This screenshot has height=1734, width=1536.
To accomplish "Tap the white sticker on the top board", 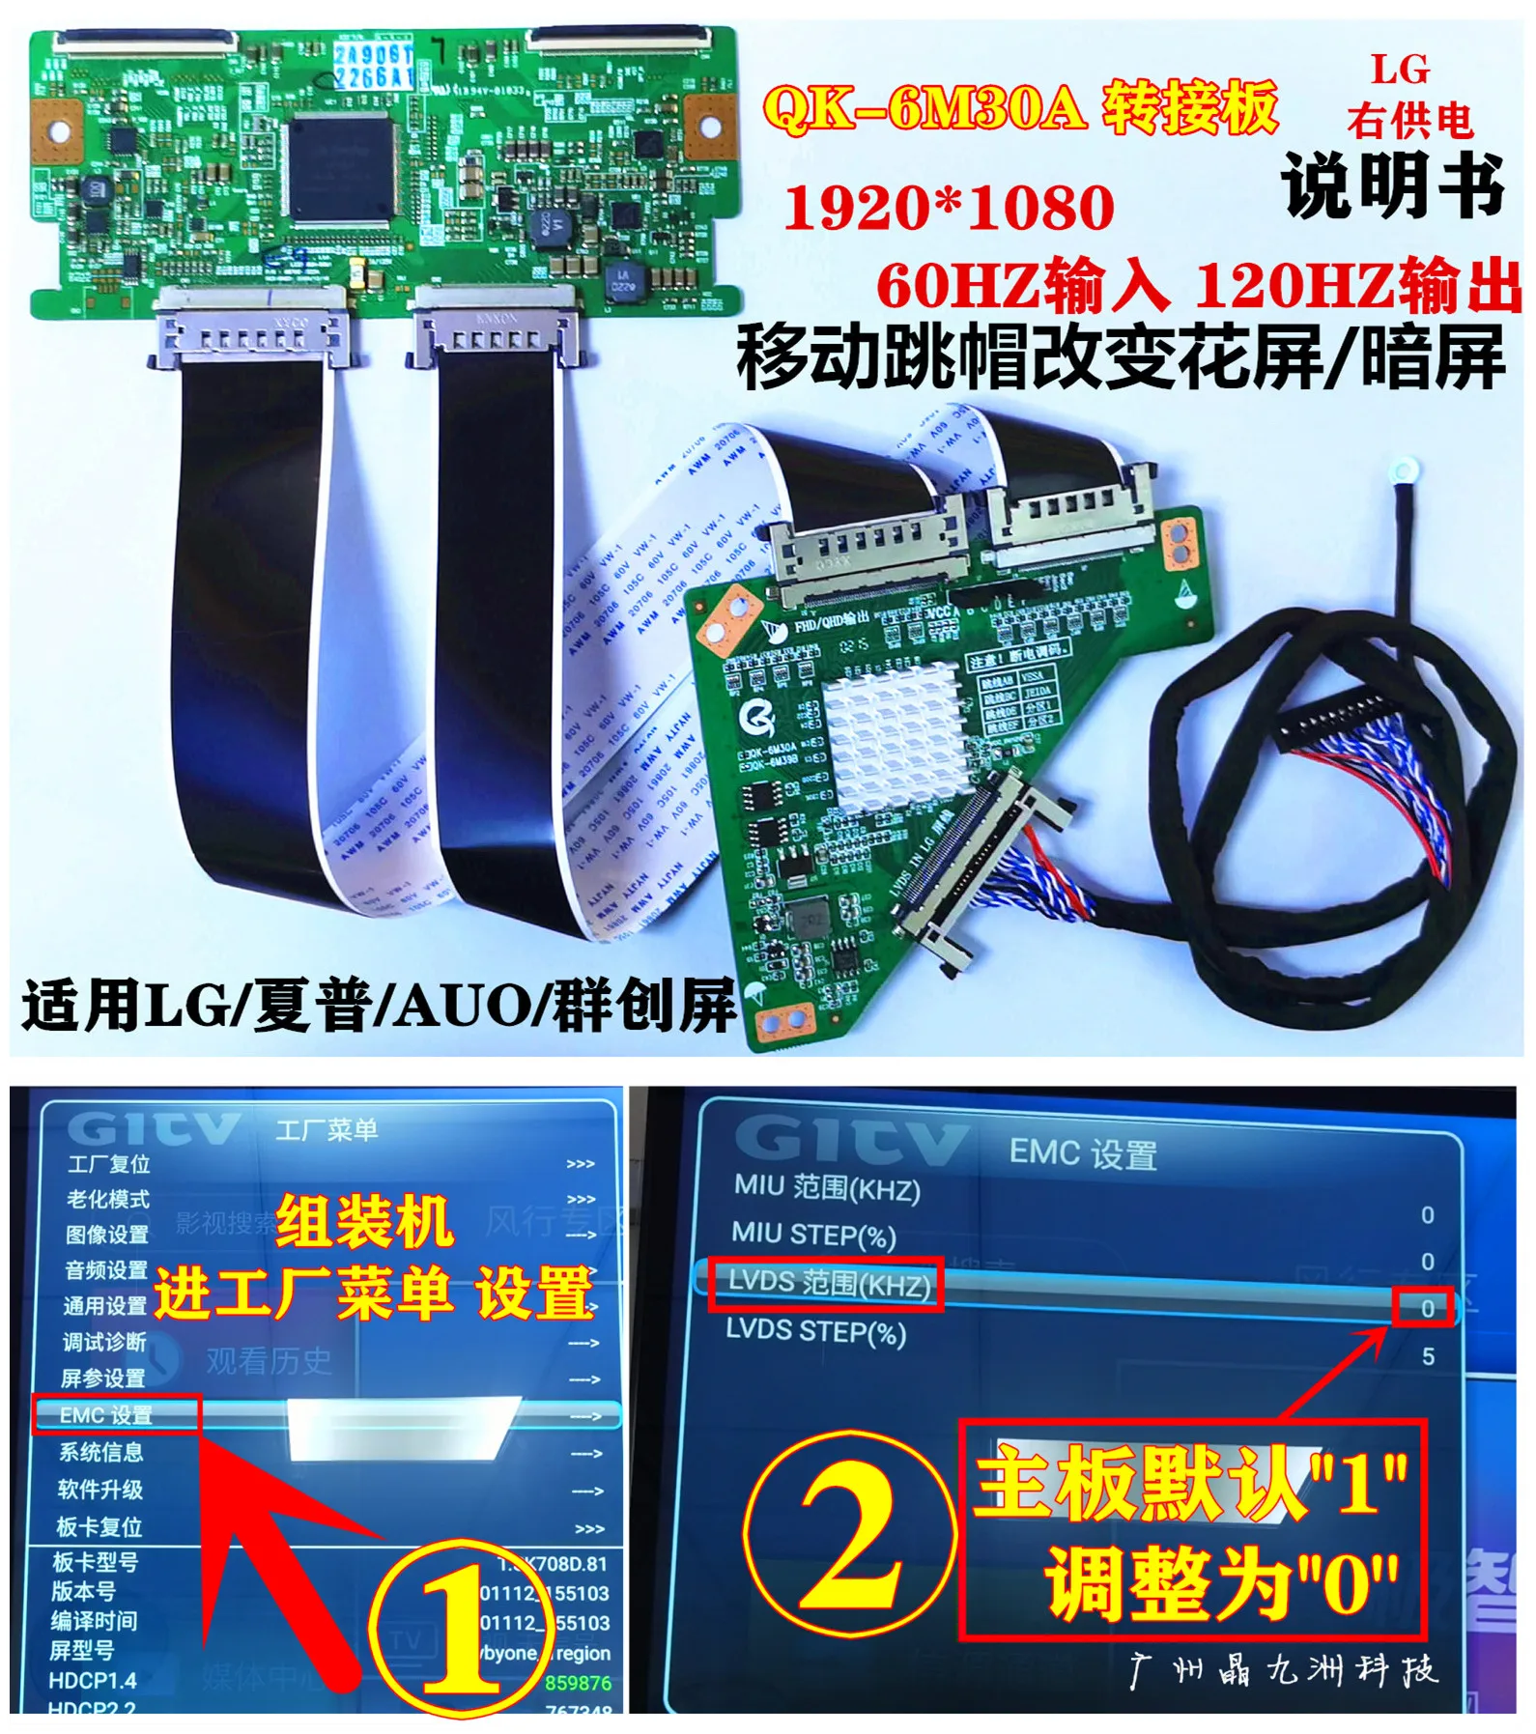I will (374, 66).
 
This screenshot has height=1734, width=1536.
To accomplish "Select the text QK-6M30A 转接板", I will (1020, 108).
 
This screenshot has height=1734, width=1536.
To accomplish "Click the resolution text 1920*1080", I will (949, 209).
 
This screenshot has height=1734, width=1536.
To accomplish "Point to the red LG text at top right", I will (1400, 70).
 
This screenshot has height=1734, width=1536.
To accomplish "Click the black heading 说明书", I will (1392, 185).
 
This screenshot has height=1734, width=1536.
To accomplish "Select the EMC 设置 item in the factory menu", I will (106, 1415).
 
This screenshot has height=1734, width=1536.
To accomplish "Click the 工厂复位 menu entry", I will (108, 1164).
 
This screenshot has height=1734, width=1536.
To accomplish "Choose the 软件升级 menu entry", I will (100, 1490).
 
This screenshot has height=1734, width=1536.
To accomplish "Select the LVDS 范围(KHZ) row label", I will (827, 1283).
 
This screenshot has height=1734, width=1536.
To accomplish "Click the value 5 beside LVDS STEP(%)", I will (1428, 1356).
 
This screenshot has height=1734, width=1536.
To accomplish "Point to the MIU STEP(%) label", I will (813, 1235).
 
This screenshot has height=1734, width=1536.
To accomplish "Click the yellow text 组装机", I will (364, 1222).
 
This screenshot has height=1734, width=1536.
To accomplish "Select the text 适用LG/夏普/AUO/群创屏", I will (379, 1007).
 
